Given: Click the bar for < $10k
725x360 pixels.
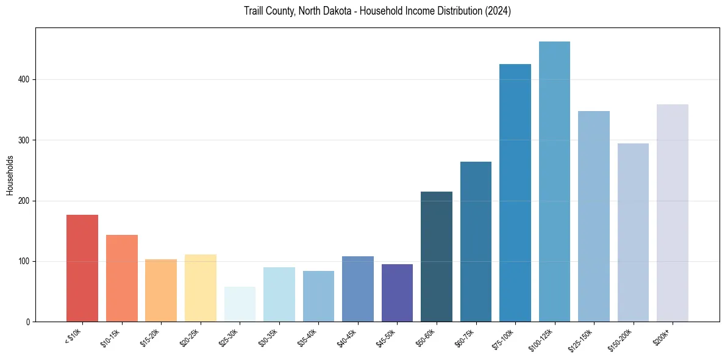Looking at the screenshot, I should [82, 268].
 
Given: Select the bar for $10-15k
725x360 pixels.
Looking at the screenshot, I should [121, 278].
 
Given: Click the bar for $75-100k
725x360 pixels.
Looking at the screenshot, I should [515, 193].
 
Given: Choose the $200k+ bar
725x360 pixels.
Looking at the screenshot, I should [672, 213].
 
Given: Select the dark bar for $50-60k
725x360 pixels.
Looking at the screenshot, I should [436, 257].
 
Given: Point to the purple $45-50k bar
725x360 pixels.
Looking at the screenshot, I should [397, 293].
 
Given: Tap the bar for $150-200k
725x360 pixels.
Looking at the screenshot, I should [633, 232].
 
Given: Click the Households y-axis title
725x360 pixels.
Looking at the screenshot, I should [10, 175].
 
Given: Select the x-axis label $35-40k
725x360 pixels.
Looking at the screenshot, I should [307, 337].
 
